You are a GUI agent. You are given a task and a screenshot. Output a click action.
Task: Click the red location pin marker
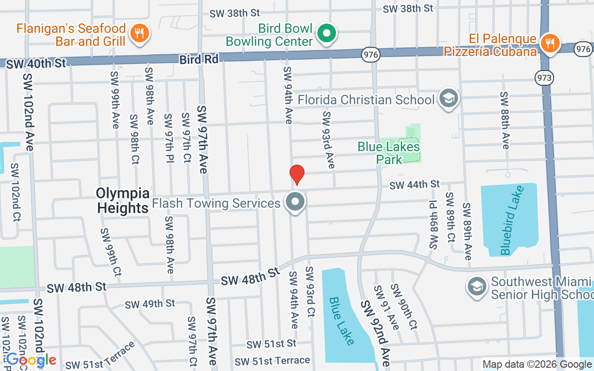(297, 174)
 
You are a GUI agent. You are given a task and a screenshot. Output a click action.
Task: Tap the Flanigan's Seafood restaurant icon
(138, 33)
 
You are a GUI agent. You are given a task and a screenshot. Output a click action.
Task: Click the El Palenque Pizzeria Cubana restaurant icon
(550, 44)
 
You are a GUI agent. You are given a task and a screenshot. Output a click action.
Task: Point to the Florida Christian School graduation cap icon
(448, 98)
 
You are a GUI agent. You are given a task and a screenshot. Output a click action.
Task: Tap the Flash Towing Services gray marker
(295, 202)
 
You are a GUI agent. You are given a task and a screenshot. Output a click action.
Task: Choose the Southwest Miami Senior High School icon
(477, 286)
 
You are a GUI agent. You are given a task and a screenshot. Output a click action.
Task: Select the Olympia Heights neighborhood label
(123, 200)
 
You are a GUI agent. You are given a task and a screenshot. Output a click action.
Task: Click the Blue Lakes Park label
(388, 153)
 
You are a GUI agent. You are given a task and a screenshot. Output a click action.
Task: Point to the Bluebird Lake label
(512, 220)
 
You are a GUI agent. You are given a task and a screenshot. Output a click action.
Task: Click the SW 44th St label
(414, 185)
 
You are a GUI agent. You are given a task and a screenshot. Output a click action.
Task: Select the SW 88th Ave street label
(504, 121)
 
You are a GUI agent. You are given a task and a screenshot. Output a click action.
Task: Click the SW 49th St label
(150, 304)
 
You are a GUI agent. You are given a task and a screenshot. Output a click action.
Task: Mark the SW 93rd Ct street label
(310, 292)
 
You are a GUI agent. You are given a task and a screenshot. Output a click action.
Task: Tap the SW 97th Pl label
(168, 138)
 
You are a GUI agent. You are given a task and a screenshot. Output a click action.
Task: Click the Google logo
(31, 359)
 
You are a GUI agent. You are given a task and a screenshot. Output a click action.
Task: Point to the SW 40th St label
(37, 64)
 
